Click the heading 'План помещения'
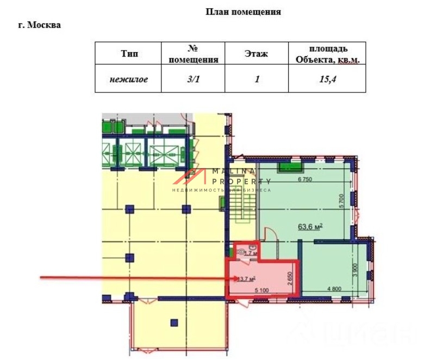243,11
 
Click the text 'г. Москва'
40,25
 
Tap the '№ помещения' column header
194,54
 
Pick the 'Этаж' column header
255,54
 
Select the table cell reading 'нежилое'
129,79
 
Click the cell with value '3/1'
194,79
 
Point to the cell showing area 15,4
327,79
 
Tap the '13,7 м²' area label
246,279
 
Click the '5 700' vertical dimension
341,202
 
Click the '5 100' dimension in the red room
262,289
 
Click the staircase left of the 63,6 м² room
243,209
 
